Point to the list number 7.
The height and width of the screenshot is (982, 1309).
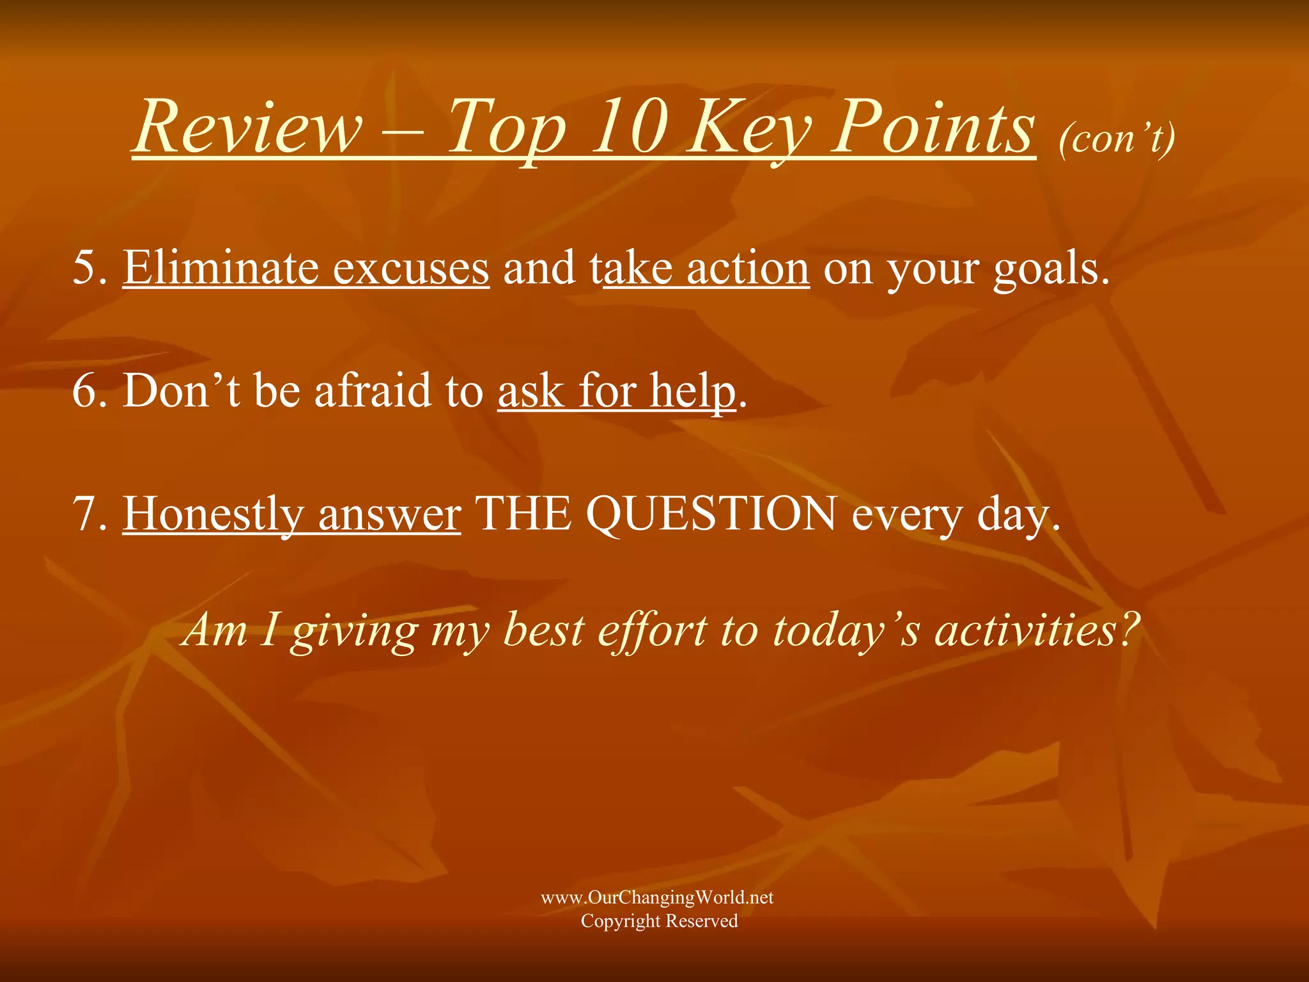[89, 514]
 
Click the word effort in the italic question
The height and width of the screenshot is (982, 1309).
[652, 630]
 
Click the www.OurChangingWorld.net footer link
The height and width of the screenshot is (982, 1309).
[657, 898]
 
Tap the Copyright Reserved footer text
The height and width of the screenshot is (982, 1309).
[659, 921]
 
